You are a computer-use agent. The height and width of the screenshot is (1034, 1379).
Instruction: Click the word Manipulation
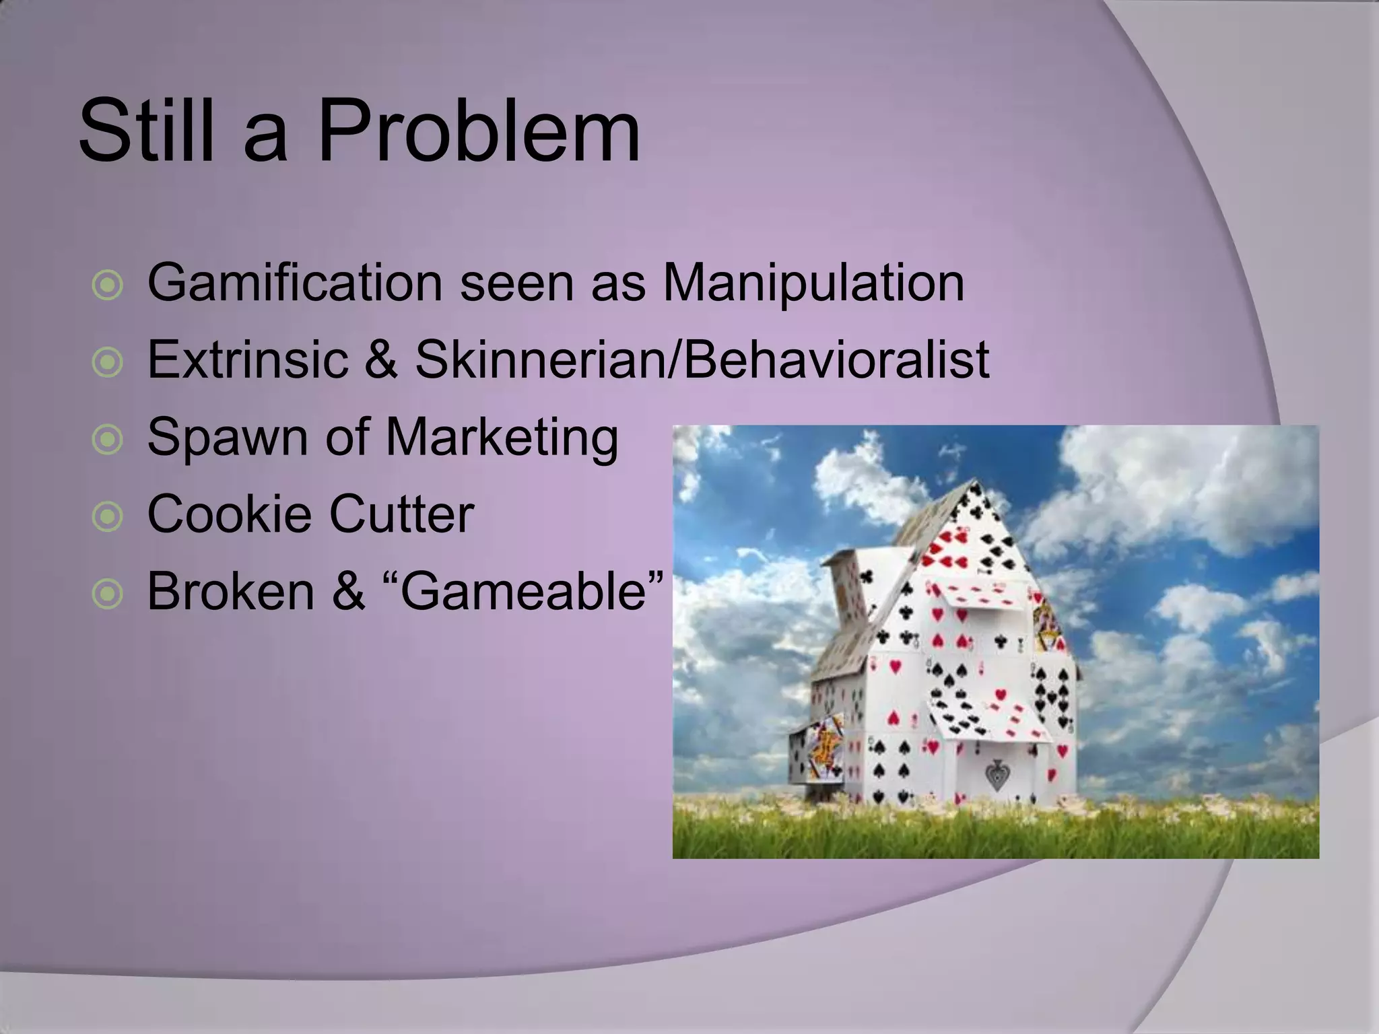click(x=813, y=283)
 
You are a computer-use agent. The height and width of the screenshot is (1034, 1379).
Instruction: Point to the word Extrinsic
click(x=247, y=359)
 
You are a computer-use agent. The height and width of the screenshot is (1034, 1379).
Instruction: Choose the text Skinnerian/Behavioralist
click(x=702, y=359)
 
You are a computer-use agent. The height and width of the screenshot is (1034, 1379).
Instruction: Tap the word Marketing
click(x=502, y=437)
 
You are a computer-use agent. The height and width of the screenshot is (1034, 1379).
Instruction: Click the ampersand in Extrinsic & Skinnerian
click(x=381, y=359)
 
